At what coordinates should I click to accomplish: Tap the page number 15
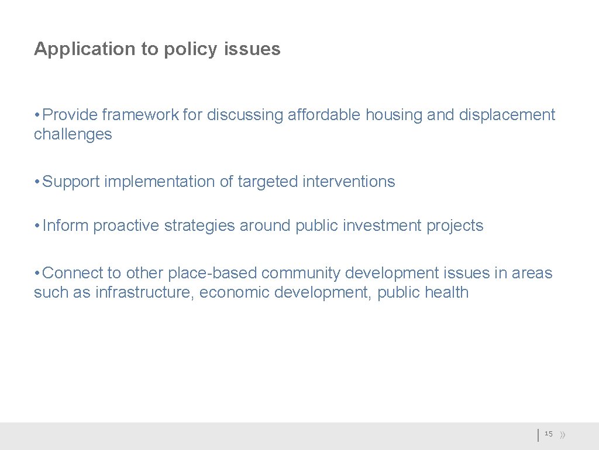[x=548, y=434]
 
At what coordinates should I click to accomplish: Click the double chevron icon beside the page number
[x=562, y=435]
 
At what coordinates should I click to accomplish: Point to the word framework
[x=140, y=115]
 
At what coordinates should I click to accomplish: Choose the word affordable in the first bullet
[x=324, y=115]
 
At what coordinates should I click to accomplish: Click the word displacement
[x=507, y=115]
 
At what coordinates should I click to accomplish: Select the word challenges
[x=73, y=135]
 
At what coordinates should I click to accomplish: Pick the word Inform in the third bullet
[x=66, y=226]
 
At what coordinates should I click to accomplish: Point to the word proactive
[x=126, y=226]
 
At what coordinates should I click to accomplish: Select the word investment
[x=380, y=226]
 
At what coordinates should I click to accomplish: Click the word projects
[x=455, y=226]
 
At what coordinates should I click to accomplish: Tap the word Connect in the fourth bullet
[x=74, y=273]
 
